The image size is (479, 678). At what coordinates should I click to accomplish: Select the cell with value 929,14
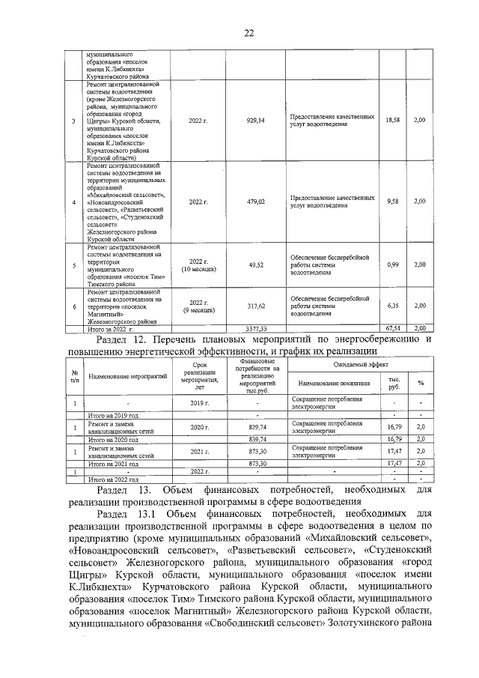[256, 120]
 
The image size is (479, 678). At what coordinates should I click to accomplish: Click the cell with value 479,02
[256, 202]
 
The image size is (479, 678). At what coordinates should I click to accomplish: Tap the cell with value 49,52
[256, 264]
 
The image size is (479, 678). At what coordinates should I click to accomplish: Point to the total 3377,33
[256, 329]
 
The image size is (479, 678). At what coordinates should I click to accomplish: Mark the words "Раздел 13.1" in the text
[126, 515]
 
